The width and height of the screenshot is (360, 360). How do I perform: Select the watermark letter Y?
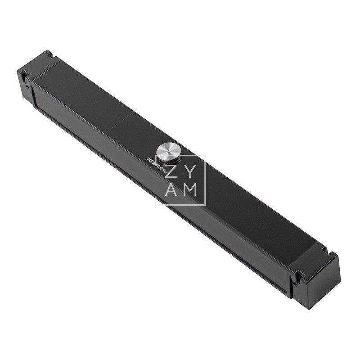click(190, 171)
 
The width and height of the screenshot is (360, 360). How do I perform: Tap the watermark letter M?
click(190, 190)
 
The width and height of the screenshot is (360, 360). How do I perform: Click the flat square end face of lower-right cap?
click(319, 283)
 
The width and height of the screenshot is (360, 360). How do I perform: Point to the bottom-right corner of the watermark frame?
click(205, 205)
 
